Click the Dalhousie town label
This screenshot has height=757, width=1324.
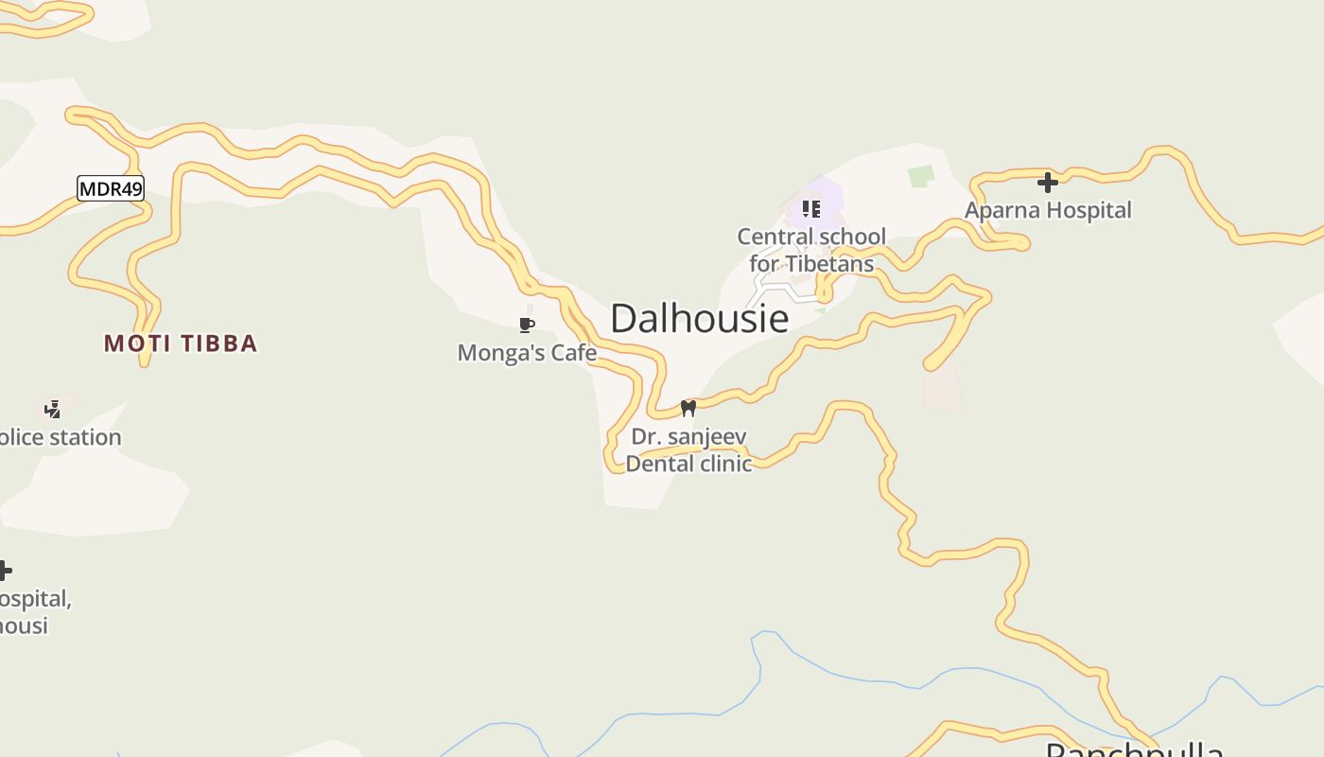tap(699, 319)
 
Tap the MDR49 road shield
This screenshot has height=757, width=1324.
tap(111, 189)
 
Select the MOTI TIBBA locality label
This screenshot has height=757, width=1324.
tap(181, 343)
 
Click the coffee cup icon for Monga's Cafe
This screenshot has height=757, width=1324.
tap(527, 326)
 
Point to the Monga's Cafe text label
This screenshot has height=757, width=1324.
tap(527, 353)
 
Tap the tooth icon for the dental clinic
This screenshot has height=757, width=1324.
tap(688, 408)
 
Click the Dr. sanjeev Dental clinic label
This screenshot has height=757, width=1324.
tap(688, 450)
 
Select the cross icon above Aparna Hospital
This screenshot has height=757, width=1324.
tap(1047, 182)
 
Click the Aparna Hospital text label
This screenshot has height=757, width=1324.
tap(1048, 210)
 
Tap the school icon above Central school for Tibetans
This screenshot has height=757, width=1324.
tap(810, 208)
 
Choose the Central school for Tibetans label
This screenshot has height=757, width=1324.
tap(811, 250)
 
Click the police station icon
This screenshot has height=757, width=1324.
tap(53, 410)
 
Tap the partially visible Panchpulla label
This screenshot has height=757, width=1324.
tap(1135, 750)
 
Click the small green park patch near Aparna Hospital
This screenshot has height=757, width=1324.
tap(920, 176)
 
